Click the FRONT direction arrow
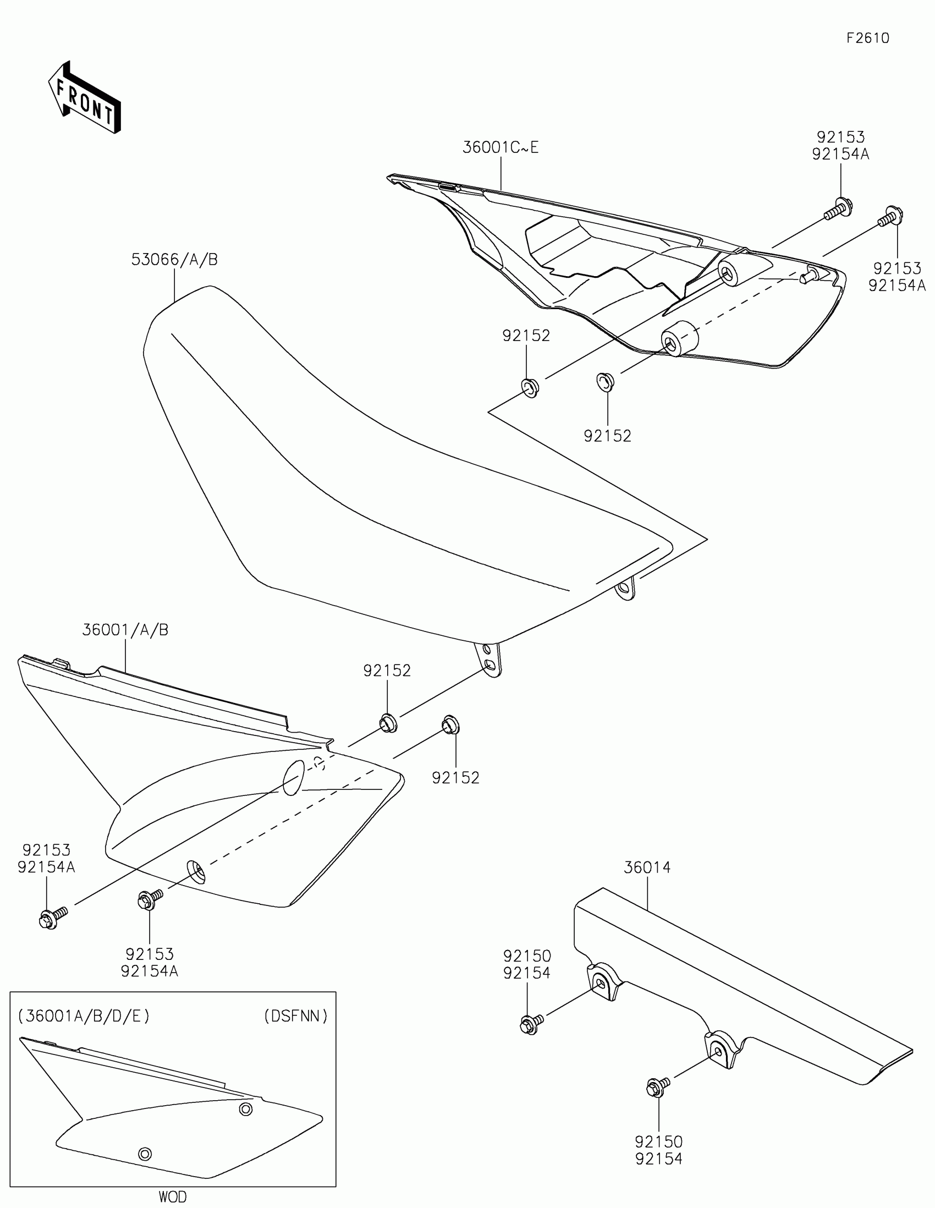point(85,98)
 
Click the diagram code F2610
point(867,37)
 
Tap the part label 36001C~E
point(500,147)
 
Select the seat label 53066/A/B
point(174,260)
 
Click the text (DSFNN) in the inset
point(295,1015)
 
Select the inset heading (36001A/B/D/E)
point(84,1015)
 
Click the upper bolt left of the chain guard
point(530,1023)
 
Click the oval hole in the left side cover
point(294,777)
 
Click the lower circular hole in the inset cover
point(145,1153)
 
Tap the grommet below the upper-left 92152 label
point(529,387)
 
